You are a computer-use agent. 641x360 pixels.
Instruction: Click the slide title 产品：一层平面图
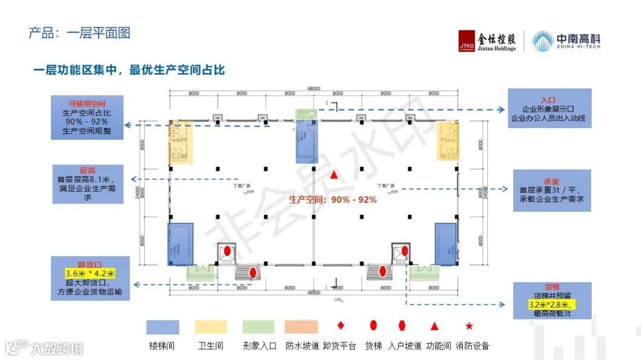80,33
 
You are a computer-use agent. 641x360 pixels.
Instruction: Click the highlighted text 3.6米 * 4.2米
90,273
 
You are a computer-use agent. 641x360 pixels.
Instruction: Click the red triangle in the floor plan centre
335,175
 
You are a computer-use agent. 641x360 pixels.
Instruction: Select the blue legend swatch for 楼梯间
163,327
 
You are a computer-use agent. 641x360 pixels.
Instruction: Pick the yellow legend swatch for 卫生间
211,327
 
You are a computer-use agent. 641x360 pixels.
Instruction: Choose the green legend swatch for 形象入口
259,327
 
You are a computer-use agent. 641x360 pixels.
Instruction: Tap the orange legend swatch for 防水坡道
302,327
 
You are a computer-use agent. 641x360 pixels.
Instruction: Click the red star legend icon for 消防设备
469,326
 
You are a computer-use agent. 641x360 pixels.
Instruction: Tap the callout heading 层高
87,170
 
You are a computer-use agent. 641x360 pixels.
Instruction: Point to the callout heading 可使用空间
87,103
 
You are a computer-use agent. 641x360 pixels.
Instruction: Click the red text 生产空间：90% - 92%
333,200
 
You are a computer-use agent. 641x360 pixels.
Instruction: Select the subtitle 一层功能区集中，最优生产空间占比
129,70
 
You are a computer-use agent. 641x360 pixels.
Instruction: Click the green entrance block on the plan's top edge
307,114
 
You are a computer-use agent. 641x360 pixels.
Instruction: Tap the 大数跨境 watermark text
57,348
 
